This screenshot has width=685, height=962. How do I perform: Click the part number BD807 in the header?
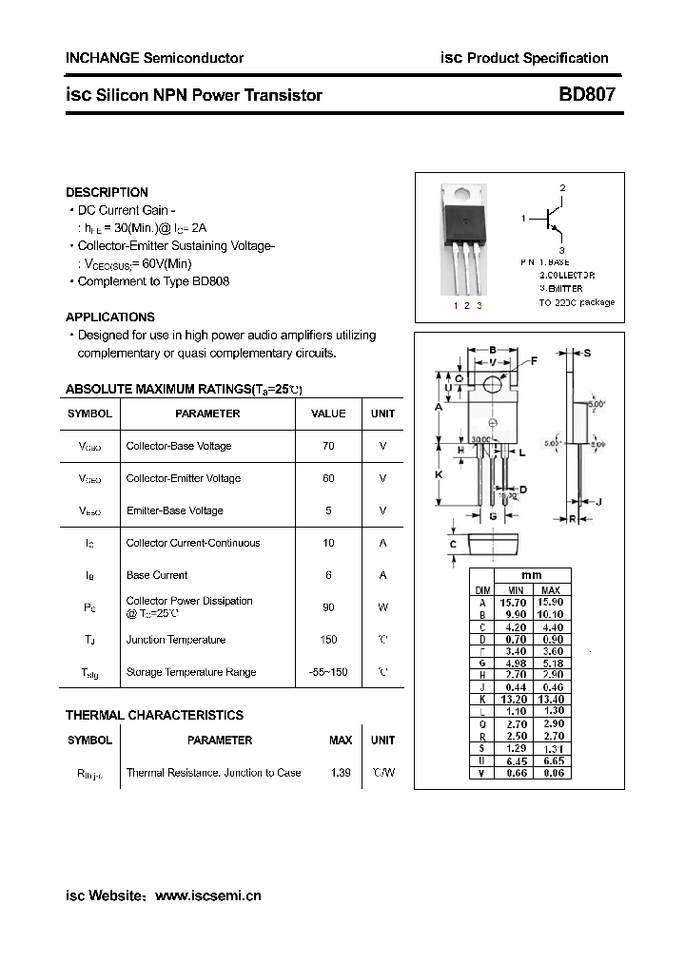[586, 95]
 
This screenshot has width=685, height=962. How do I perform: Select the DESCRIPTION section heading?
[107, 192]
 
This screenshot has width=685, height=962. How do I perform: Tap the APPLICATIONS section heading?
[110, 317]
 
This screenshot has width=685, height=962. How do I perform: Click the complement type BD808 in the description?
[210, 281]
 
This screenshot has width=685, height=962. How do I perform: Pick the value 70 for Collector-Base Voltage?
[328, 446]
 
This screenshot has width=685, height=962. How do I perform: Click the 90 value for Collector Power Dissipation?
[328, 606]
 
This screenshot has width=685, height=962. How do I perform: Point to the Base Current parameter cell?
[157, 575]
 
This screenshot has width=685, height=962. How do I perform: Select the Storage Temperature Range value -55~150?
[328, 672]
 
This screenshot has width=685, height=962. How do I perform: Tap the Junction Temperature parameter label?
[176, 640]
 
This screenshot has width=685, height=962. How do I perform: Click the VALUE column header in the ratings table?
[328, 414]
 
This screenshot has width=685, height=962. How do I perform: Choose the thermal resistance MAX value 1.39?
[341, 773]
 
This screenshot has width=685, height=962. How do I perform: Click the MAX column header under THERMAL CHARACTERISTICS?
[341, 740]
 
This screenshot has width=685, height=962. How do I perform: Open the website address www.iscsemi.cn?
[207, 895]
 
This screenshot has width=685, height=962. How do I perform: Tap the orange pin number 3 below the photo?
[479, 305]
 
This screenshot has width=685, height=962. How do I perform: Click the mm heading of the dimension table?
[531, 576]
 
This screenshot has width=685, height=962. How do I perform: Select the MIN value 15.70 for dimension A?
[514, 602]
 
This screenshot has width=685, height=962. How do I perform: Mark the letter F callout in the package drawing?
[534, 360]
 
